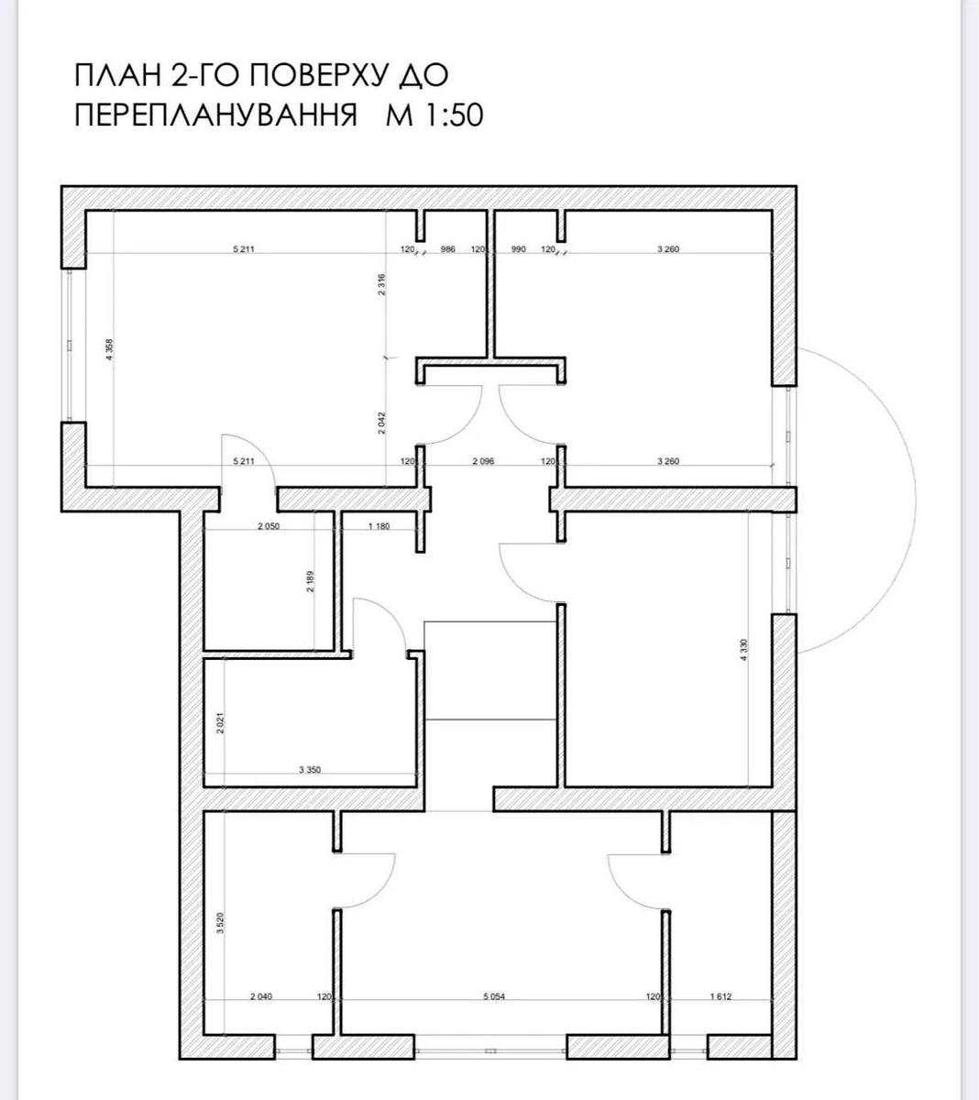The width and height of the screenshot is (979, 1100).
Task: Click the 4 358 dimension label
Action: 109,351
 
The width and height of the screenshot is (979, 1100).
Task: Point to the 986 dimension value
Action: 448,249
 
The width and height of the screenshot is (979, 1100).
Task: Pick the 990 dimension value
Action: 518,249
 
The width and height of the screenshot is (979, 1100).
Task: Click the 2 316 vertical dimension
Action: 382,285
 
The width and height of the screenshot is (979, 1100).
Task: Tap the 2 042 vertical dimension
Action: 382,423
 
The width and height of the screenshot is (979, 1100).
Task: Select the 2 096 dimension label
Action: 483,461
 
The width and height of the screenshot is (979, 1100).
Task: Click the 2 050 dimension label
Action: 268,526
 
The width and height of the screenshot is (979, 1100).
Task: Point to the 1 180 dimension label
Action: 379,526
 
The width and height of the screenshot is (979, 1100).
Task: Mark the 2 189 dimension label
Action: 311,582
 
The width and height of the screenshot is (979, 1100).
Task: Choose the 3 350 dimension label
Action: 310,771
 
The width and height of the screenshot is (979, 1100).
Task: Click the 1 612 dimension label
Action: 720,996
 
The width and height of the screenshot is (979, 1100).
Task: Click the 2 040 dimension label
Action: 261,996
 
